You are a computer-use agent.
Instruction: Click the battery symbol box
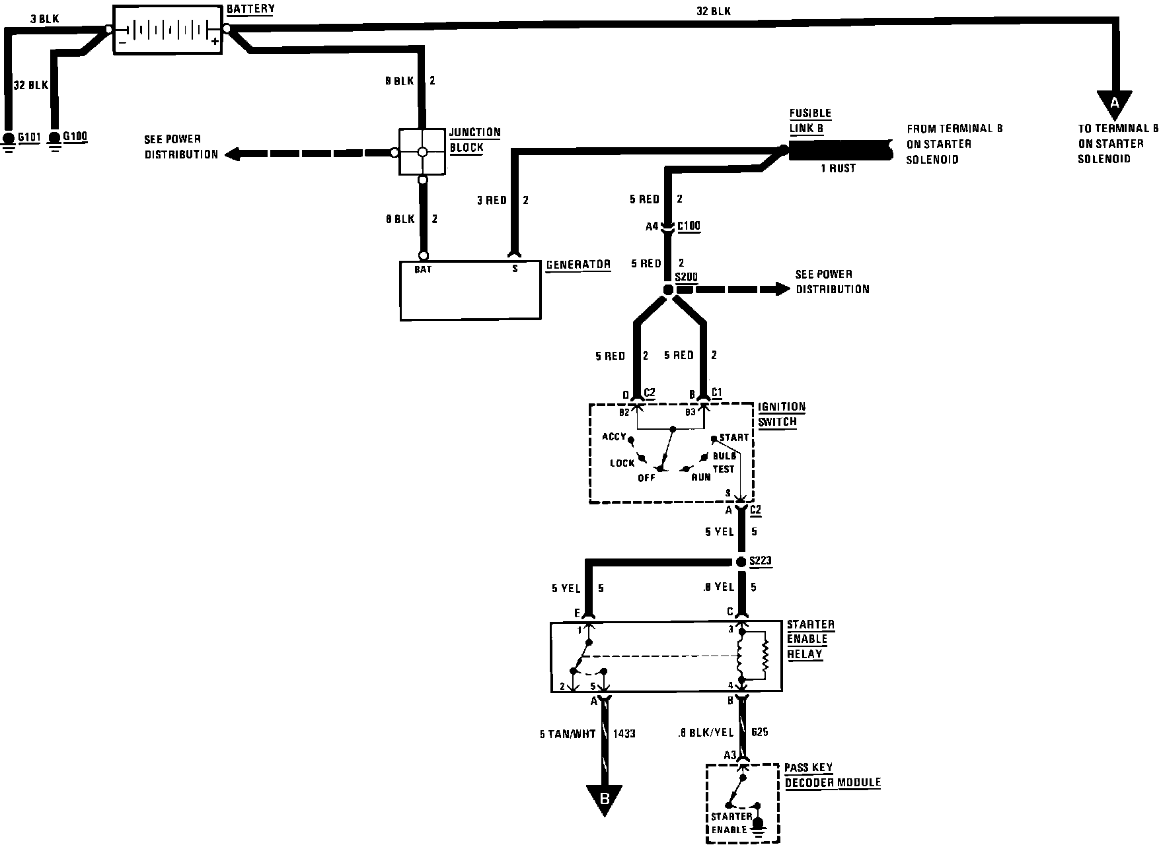168,30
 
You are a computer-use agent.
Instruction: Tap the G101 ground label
29,137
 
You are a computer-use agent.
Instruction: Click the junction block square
422,152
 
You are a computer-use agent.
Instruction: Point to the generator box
470,290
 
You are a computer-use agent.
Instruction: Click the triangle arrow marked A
1115,104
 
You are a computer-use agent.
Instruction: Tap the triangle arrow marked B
604,799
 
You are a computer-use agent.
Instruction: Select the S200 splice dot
668,290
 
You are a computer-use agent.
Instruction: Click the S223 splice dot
741,562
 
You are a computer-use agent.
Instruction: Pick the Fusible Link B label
810,121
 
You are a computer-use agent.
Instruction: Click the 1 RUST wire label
838,168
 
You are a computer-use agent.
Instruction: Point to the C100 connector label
689,226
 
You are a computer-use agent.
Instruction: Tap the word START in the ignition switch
734,438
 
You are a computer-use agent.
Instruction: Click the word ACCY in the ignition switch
614,437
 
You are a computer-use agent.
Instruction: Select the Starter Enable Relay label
810,639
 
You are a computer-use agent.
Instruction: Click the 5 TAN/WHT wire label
568,733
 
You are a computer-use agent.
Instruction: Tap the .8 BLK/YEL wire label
706,732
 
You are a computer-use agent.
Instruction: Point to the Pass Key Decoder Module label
832,776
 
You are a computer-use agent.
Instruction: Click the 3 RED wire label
492,200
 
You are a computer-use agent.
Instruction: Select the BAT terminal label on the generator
423,269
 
